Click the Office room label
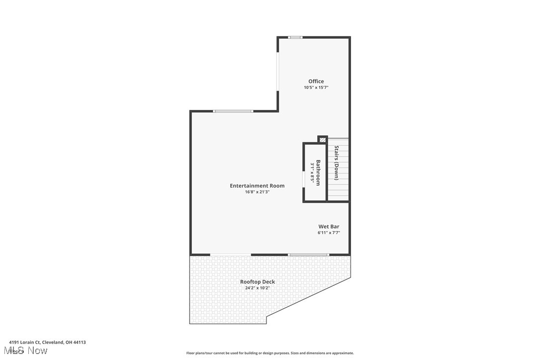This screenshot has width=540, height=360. tap(316, 81)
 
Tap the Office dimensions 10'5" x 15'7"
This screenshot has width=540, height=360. tap(316, 88)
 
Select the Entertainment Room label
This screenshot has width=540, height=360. tap(257, 185)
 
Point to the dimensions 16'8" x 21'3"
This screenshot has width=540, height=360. tap(257, 192)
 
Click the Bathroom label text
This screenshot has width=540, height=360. tap(318, 173)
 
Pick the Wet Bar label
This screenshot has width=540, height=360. tap(329, 226)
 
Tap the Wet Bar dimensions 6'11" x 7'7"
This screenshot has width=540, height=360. tap(329, 233)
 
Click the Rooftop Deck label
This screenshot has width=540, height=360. tap(257, 281)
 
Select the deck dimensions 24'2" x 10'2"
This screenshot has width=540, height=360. tap(257, 288)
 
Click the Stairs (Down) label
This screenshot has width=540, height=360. tap(337, 163)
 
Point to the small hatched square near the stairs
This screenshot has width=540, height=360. tap(322, 140)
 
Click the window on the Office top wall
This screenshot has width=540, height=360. tap(295, 37)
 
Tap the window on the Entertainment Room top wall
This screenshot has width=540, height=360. tap(233, 111)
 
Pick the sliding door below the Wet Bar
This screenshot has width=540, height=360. tap(308, 255)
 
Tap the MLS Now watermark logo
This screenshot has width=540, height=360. tap(28, 351)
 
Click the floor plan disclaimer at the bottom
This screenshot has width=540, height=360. tap(270, 353)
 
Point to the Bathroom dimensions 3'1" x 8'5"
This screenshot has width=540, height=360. tap(312, 173)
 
